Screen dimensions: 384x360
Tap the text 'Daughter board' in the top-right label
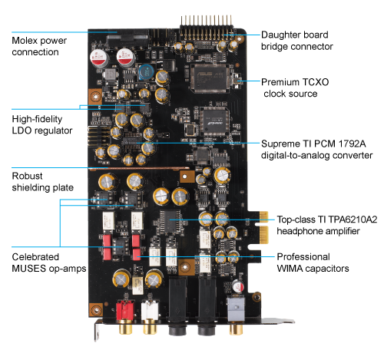pos(295,35)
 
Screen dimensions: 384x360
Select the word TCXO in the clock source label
pos(316,82)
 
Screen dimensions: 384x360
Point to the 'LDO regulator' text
pos(42,130)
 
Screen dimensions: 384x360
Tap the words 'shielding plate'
pos(43,188)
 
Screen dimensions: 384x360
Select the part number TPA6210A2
pos(353,220)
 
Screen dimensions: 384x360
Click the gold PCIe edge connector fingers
pos(264,227)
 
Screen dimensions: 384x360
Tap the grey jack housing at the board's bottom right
pos(236,308)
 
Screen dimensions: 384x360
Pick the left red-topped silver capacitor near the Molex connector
pos(99,58)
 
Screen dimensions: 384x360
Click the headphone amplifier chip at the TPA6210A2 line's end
pos(170,221)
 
